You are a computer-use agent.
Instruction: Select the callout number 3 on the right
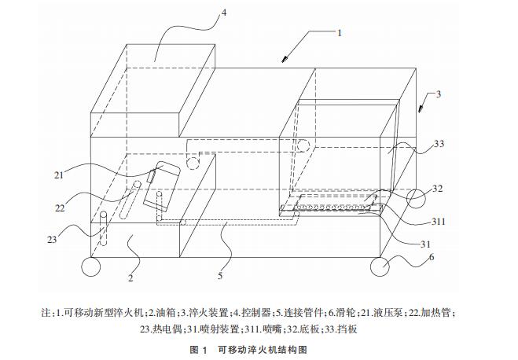pos(439,94)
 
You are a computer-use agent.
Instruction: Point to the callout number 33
pos(438,144)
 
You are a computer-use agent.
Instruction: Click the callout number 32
pos(438,189)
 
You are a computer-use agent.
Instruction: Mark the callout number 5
pos(219,276)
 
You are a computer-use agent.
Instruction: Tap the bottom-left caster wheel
pos(91,267)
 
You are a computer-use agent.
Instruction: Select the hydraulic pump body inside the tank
pos(160,186)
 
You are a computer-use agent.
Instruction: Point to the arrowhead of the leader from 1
pos(284,61)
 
